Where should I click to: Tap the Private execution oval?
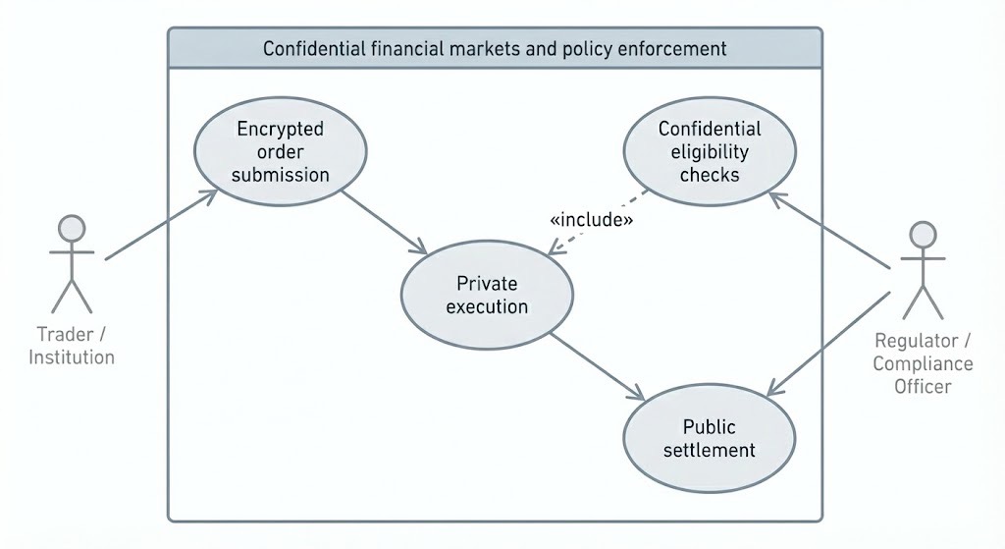click(x=487, y=296)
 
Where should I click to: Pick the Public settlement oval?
click(x=710, y=439)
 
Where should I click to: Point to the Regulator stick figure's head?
click(x=923, y=235)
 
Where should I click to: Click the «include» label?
click(x=591, y=220)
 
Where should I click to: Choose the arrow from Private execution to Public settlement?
click(x=596, y=367)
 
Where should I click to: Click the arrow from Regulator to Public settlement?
click(x=829, y=344)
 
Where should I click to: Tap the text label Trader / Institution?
click(x=72, y=345)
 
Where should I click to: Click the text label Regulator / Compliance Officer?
click(x=923, y=363)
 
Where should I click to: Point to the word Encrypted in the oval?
click(x=281, y=129)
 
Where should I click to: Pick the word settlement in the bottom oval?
click(x=710, y=451)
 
